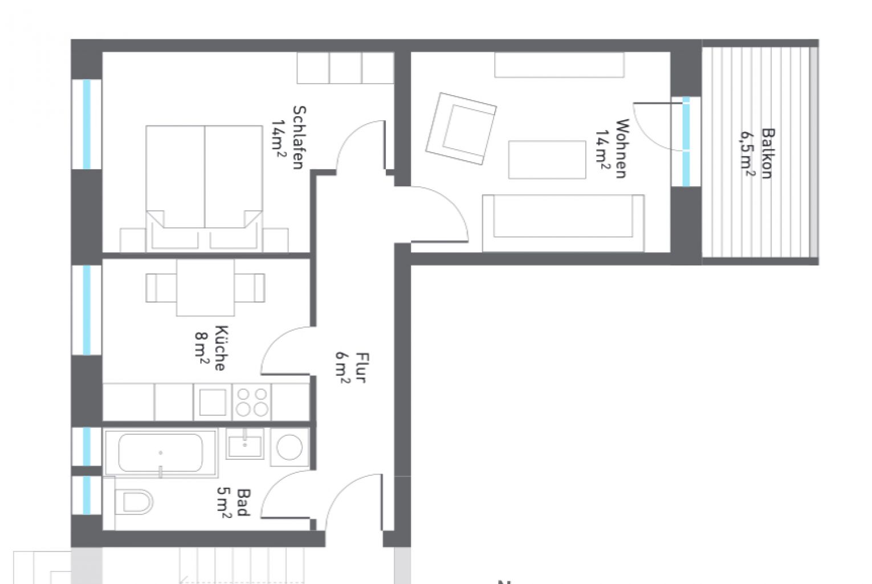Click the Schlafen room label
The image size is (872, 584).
tap(289, 137)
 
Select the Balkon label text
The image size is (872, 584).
tap(759, 153)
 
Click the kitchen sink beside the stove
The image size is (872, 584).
tap(212, 402)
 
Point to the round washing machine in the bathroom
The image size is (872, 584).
tap(291, 448)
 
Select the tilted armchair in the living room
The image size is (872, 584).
tap(461, 128)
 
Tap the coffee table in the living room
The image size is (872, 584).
tap(547, 160)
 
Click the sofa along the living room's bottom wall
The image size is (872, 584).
tap(563, 223)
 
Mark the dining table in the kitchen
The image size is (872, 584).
tap(205, 288)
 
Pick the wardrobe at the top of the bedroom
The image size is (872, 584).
tap(345, 68)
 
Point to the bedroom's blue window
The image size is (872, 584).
tap(87, 124)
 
